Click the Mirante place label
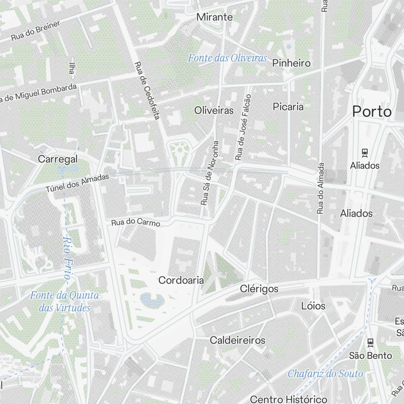coord(215,17)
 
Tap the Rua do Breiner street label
coord(36,31)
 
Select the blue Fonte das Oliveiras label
coord(227,58)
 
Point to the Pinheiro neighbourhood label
coord(291,63)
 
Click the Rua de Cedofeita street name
coord(147,90)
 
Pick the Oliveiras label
coord(214,110)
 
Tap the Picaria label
coord(288,107)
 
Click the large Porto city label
coord(372,112)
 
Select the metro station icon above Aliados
coord(365,153)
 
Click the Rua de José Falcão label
coord(242,126)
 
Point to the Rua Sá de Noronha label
coord(210,173)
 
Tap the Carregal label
coord(58,159)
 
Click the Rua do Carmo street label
coord(136,222)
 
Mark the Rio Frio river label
coord(67,258)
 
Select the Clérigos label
coord(259,289)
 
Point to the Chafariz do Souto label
coord(325,374)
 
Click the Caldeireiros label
coord(238,340)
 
